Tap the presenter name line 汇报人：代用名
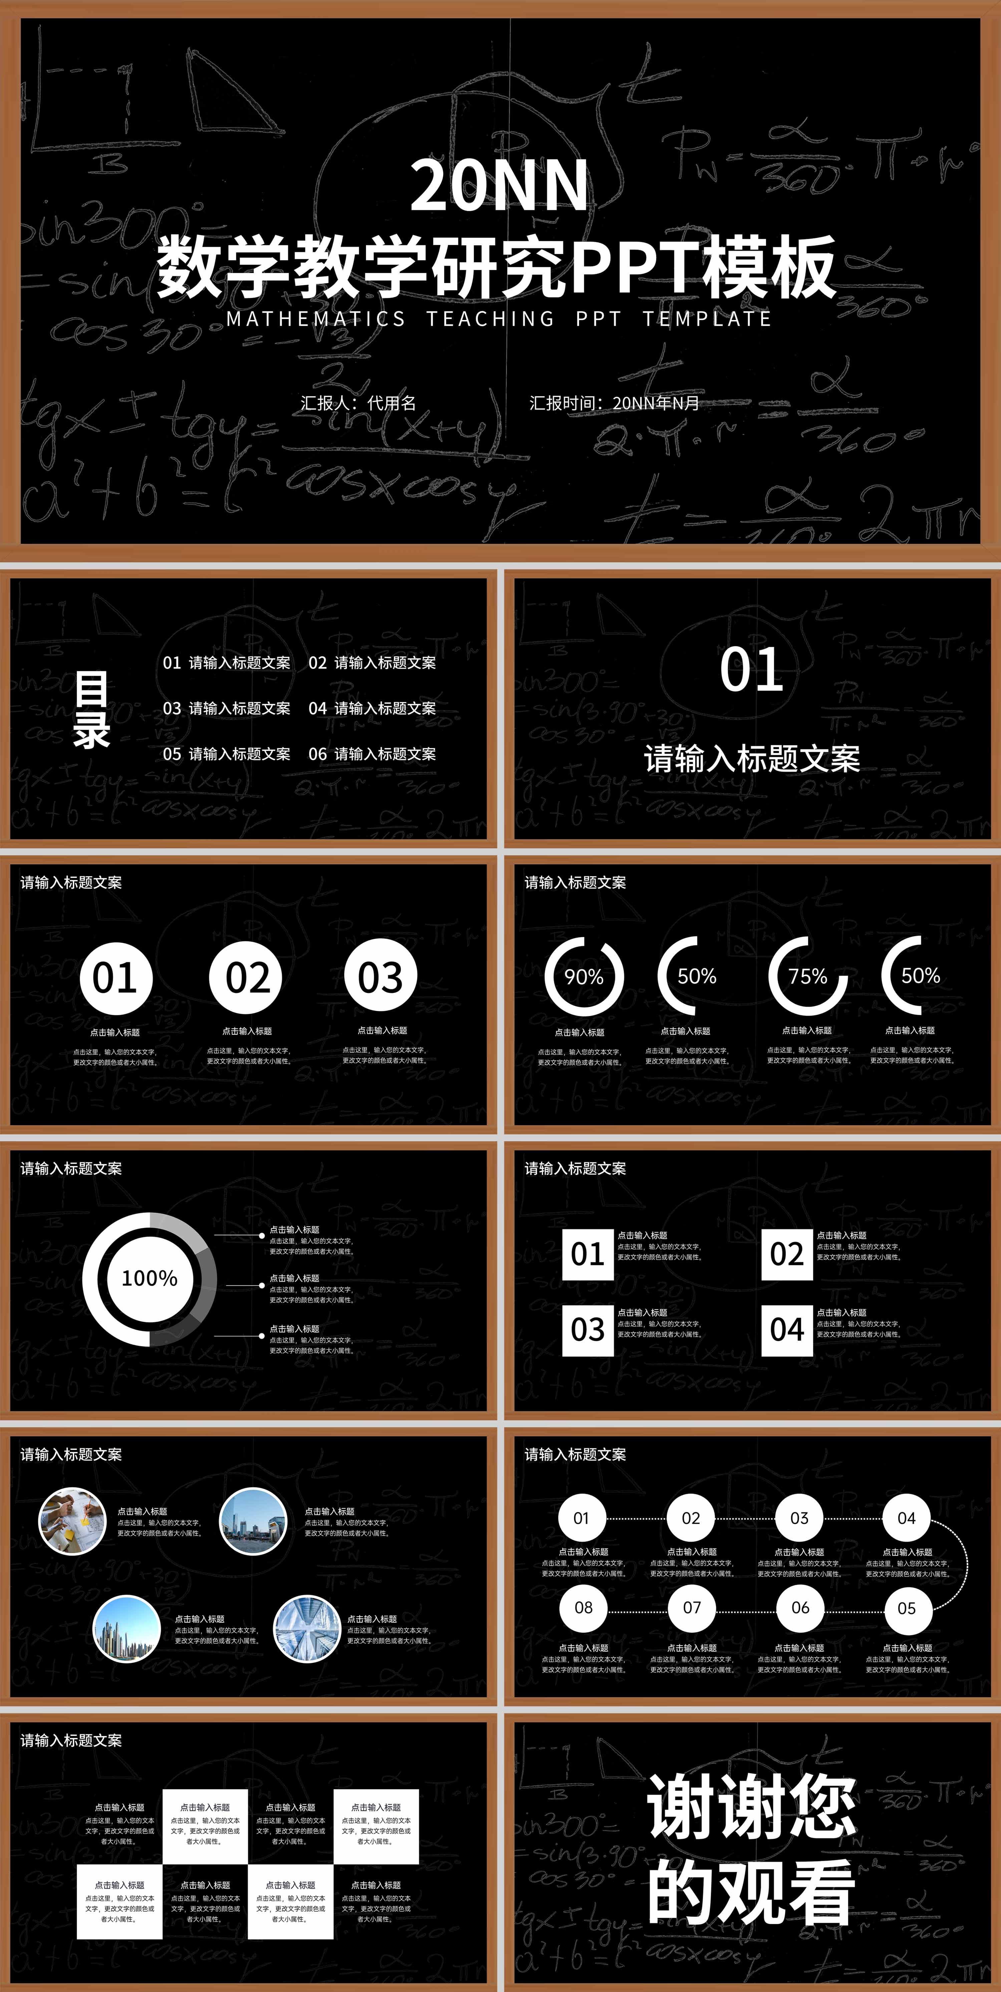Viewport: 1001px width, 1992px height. pos(358,403)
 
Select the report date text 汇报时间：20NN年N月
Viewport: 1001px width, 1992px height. pos(614,403)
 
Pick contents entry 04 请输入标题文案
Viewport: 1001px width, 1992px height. pos(372,708)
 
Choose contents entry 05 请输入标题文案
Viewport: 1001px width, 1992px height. pos(227,754)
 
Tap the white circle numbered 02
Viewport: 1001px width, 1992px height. pos(248,977)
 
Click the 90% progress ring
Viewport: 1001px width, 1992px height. pos(584,977)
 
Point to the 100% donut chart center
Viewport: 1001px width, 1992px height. pos(149,1278)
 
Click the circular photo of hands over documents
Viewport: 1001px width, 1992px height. pos(73,1521)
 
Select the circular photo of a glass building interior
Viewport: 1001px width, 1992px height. pos(307,1628)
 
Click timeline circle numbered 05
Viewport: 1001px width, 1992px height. pos(907,1608)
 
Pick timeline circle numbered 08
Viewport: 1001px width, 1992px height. pos(583,1608)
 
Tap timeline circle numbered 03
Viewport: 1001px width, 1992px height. pos(799,1518)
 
